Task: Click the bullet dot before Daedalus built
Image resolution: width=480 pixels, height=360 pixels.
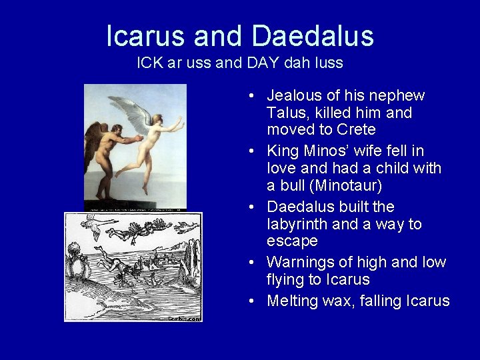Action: tap(249, 207)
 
